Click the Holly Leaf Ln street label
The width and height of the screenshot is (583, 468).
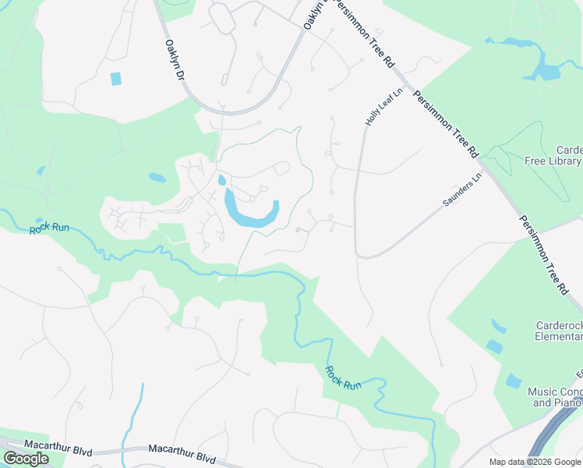pyautogui.click(x=384, y=107)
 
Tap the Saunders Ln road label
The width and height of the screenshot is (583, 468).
pyautogui.click(x=463, y=190)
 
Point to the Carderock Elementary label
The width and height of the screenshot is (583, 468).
pyautogui.click(x=558, y=331)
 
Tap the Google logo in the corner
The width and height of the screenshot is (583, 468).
pyautogui.click(x=26, y=459)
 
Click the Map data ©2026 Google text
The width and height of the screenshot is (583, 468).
pyautogui.click(x=535, y=462)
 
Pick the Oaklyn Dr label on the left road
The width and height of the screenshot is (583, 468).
pyautogui.click(x=174, y=61)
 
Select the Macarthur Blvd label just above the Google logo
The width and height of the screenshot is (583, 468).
pyautogui.click(x=55, y=445)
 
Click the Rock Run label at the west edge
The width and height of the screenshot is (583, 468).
pyautogui.click(x=50, y=229)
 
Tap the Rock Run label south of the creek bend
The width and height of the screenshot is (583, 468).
pyautogui.click(x=343, y=378)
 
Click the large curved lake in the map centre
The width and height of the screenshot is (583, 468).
pyautogui.click(x=251, y=213)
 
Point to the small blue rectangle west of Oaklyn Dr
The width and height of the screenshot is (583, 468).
pyautogui.click(x=116, y=78)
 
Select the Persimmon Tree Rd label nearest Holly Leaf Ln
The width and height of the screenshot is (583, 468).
pyautogui.click(x=445, y=123)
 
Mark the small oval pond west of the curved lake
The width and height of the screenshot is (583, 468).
pyautogui.click(x=157, y=177)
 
